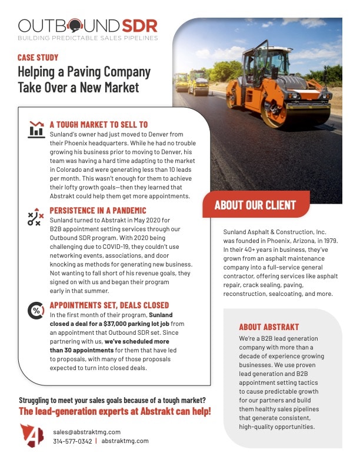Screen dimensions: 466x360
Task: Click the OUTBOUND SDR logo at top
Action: [88, 26]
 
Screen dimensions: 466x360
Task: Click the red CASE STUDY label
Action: [38, 58]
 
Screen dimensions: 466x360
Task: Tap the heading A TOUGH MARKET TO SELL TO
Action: [98, 125]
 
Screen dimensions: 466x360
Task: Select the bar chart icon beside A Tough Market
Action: [36, 129]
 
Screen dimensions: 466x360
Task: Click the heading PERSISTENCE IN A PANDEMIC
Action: [98, 210]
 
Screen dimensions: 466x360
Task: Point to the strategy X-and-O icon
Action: [36, 217]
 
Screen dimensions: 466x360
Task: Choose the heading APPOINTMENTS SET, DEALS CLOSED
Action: [109, 305]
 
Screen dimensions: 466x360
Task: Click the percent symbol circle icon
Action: [36, 310]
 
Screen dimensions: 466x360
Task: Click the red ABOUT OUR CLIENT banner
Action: [255, 205]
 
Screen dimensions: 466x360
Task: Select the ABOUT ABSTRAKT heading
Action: [269, 327]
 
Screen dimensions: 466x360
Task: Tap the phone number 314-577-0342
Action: [72, 441]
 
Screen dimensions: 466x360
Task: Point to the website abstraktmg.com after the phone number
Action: [125, 441]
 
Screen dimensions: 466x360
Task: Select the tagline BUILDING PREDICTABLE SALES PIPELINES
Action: [88, 38]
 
